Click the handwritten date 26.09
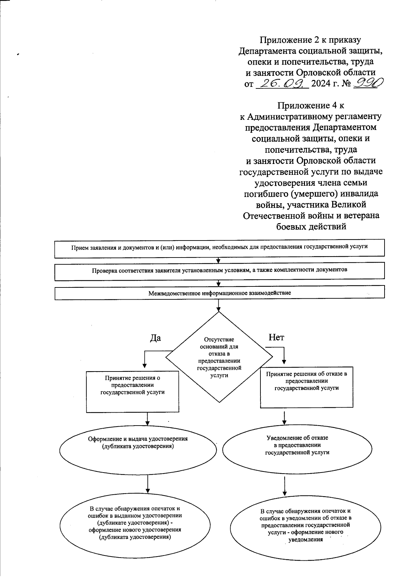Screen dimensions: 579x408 click(282, 83)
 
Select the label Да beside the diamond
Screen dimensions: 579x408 click(155, 338)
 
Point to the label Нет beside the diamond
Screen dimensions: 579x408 click(276, 337)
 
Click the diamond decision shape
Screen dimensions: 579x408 click(219, 357)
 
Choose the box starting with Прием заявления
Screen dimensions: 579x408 click(219, 247)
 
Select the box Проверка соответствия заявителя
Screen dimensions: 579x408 click(219, 271)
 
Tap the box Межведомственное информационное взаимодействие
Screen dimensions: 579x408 click(219, 293)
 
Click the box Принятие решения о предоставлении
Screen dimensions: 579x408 click(133, 391)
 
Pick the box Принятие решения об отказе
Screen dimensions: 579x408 click(306, 387)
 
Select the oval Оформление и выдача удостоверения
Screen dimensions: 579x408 click(138, 449)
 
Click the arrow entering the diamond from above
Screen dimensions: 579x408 click(219, 305)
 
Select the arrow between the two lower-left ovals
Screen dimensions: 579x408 click(148, 484)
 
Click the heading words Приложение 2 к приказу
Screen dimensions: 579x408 click(310, 40)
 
